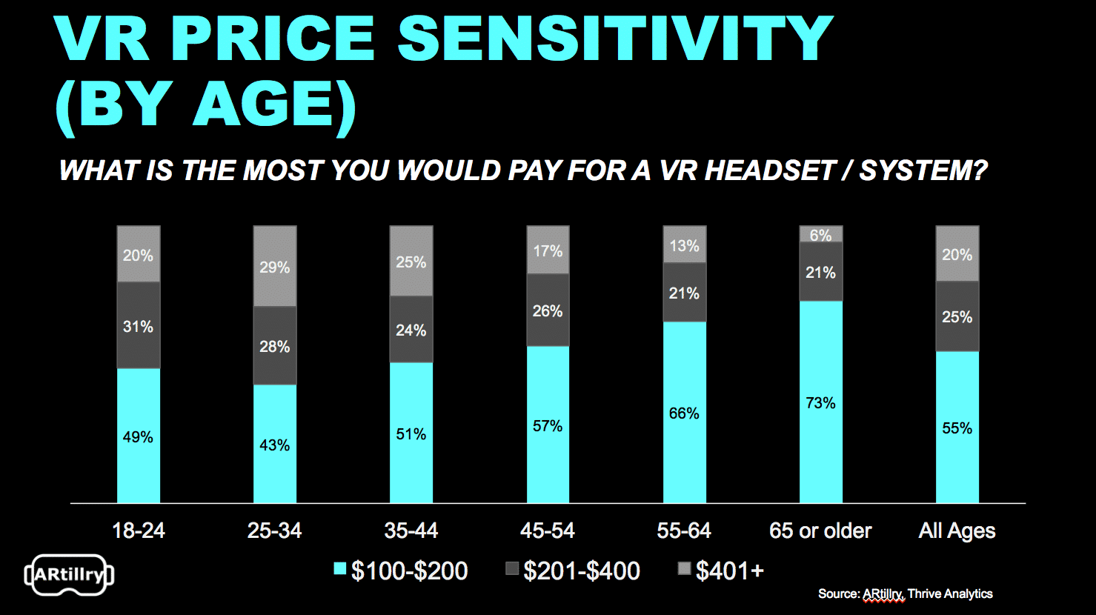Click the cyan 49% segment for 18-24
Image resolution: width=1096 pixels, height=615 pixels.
pyautogui.click(x=139, y=436)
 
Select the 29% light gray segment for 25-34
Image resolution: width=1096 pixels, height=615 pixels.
pyautogui.click(x=275, y=267)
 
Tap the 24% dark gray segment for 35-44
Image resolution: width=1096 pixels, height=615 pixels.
pyautogui.click(x=411, y=330)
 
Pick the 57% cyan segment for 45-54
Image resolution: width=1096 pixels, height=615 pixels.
pyautogui.click(x=548, y=425)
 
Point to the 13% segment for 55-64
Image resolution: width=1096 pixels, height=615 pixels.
pyautogui.click(x=684, y=245)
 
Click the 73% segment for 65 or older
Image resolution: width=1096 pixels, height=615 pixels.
pyautogui.click(x=820, y=402)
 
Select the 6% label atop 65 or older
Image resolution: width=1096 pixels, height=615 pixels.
pyautogui.click(x=820, y=235)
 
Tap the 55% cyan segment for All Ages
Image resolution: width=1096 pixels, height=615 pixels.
pyautogui.click(x=957, y=428)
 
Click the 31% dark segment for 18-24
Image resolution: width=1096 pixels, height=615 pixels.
pyautogui.click(x=139, y=326)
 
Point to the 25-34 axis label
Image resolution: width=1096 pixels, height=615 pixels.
pyautogui.click(x=275, y=531)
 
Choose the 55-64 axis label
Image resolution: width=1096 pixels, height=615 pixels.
pyautogui.click(x=684, y=531)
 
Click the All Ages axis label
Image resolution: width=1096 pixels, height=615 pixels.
pyautogui.click(x=957, y=531)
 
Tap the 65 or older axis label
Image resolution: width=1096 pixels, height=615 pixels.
pyautogui.click(x=820, y=531)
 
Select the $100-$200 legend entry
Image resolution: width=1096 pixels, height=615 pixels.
pyautogui.click(x=401, y=571)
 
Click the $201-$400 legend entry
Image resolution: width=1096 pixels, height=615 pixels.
pyautogui.click(x=573, y=571)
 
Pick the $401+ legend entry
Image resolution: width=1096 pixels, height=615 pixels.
pyautogui.click(x=721, y=571)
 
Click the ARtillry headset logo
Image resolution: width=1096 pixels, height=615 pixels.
pyautogui.click(x=69, y=575)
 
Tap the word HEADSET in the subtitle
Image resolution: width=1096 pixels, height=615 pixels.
pyautogui.click(x=770, y=170)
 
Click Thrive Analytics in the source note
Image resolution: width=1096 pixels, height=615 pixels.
pyautogui.click(x=950, y=594)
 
